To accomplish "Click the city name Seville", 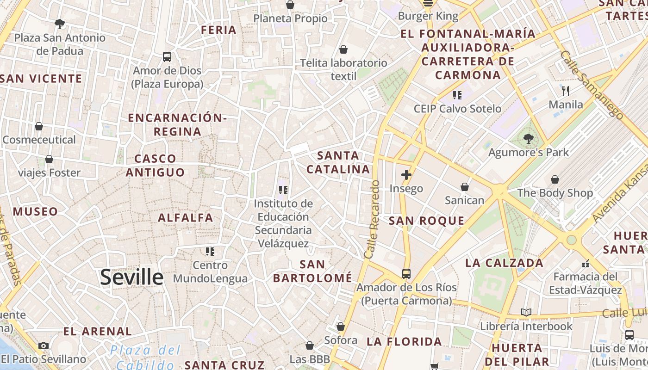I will coord(132,277).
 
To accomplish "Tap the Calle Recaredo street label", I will coord(372,219).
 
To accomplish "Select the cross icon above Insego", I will coord(406,175).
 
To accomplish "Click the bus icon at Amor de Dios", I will coord(167,57).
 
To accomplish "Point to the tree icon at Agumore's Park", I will coord(528,138).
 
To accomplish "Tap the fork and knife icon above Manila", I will coord(565,90).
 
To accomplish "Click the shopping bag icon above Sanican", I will coord(464,187).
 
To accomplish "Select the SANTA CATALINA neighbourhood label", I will coord(338,162).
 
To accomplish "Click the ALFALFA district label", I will coord(186,217).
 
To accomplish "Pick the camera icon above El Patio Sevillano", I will coord(44,345).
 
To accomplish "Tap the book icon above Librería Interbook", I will coord(526,312).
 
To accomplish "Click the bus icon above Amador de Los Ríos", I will coord(406,273).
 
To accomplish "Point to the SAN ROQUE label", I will coord(426,221).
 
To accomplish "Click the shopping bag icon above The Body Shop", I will coord(555,179).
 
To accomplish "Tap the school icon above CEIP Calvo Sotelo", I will coord(457,95).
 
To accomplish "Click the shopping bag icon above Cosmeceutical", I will coord(39,126).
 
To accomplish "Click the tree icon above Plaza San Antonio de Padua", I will coord(59,24).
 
